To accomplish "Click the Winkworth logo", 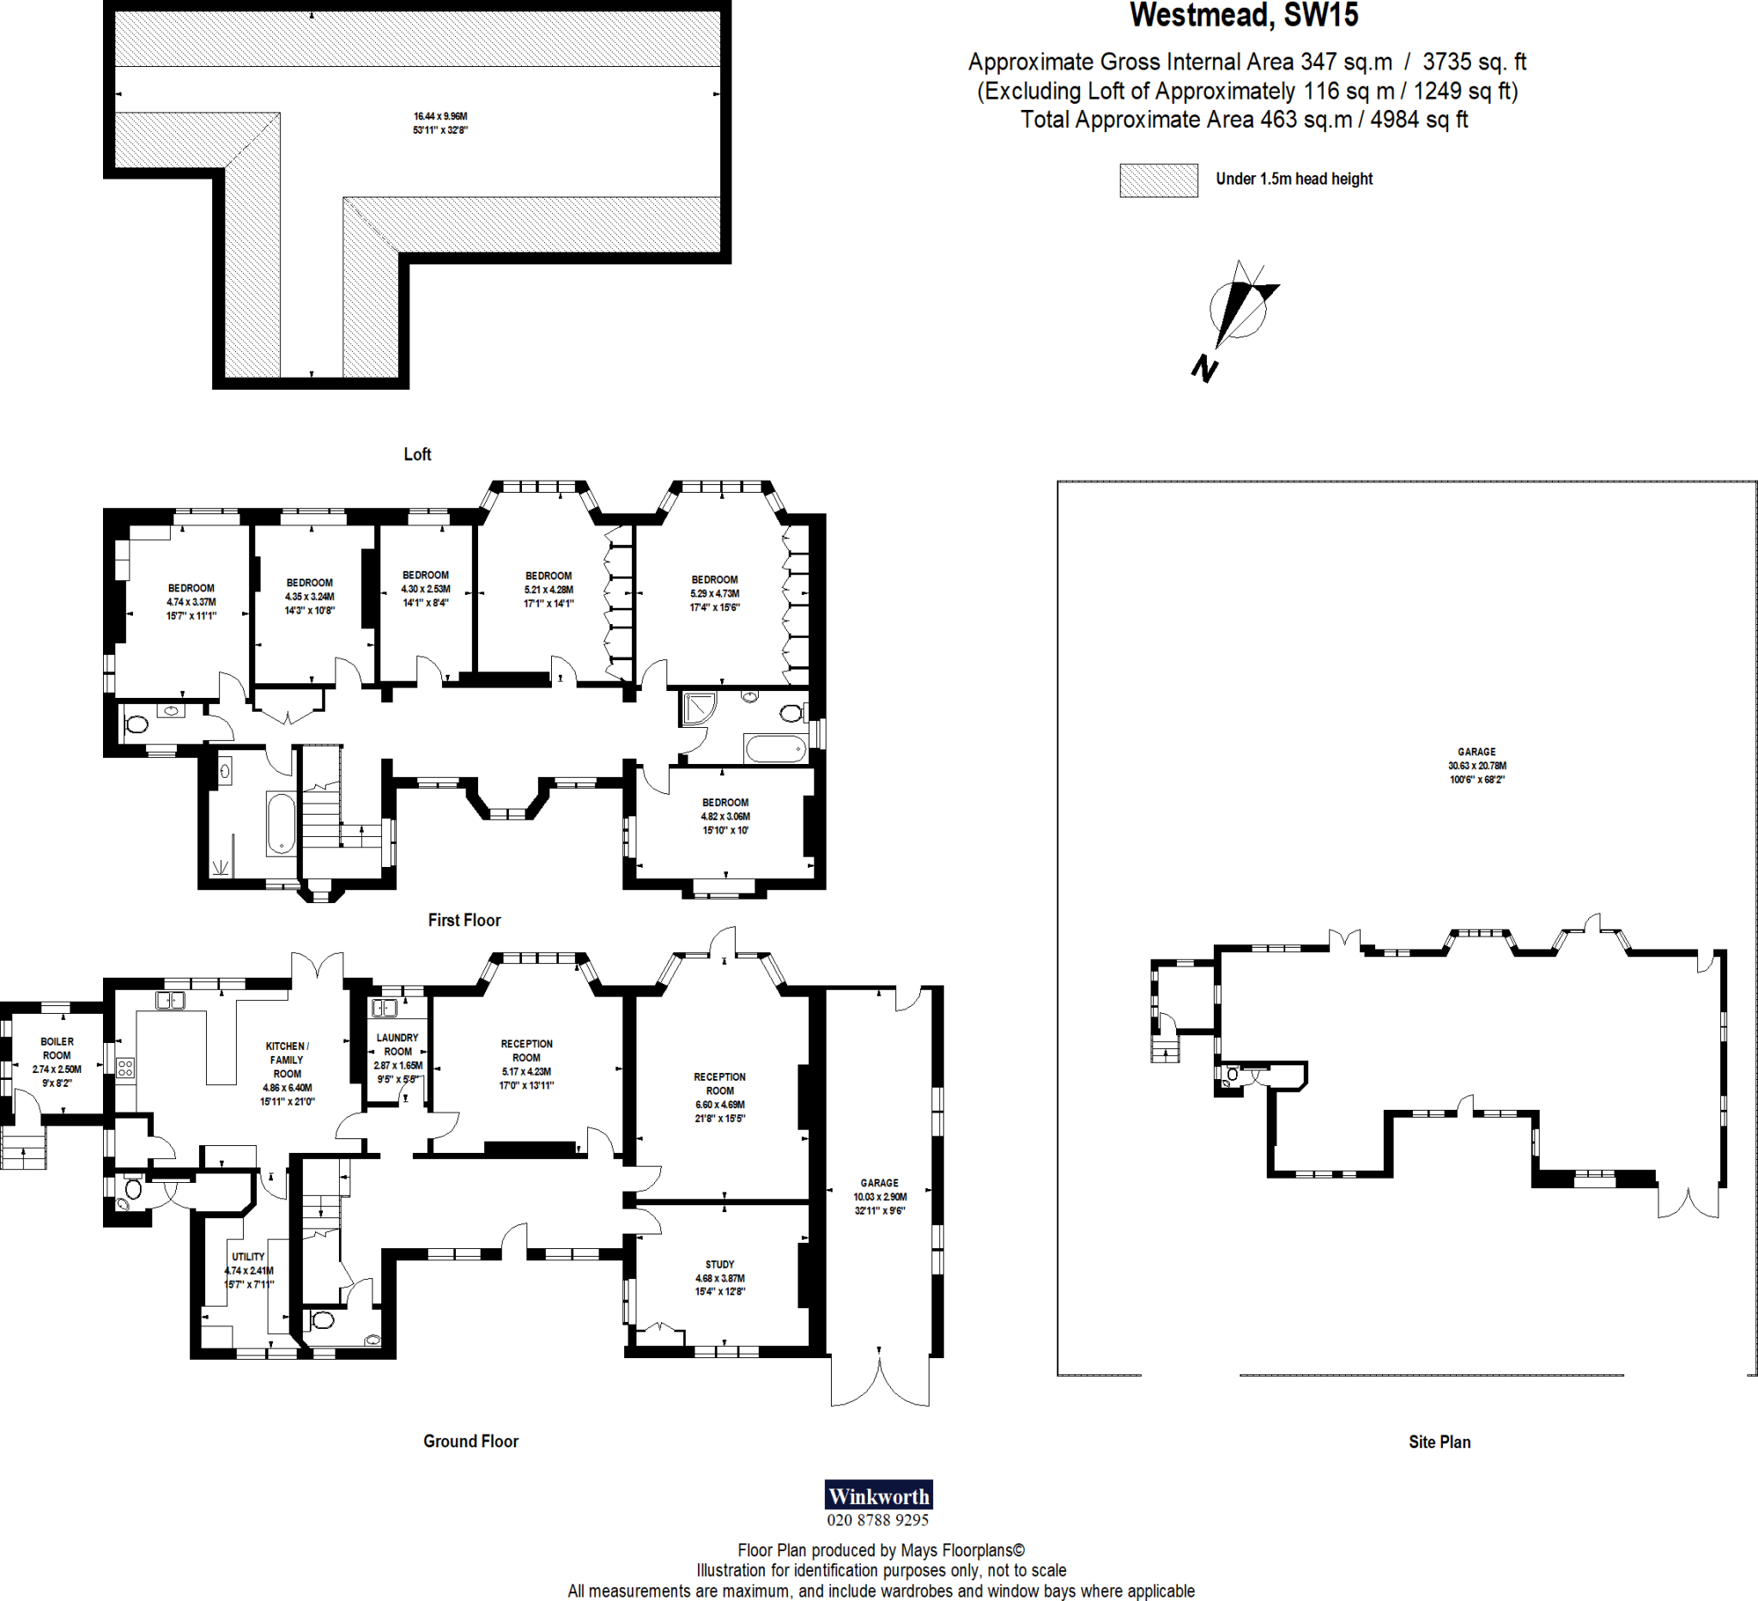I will [878, 1495].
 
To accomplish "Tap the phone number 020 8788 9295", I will [878, 1520].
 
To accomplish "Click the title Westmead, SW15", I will [1244, 15].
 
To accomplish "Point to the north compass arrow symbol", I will [1239, 310].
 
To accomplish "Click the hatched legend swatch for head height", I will [1158, 180].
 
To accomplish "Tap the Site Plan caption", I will [1439, 1442].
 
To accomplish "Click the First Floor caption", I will [464, 920].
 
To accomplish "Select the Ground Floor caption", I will [470, 1441].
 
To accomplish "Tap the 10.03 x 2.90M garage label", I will [879, 1197].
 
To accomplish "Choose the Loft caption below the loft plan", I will [417, 454].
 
